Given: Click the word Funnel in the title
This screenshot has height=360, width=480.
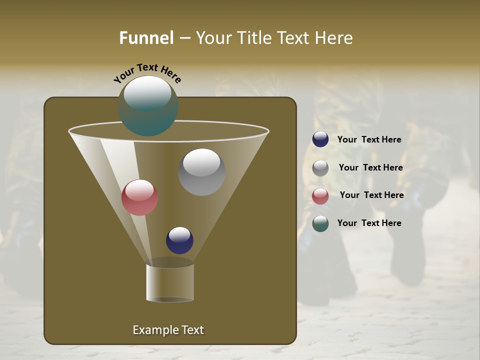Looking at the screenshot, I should click(x=146, y=38).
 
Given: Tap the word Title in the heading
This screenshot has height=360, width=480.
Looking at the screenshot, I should click(x=254, y=38).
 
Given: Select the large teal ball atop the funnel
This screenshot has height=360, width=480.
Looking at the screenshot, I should click(x=148, y=106).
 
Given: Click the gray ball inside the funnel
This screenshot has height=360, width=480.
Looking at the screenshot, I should click(x=201, y=172).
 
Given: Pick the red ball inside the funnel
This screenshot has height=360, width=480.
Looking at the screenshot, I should click(x=139, y=197).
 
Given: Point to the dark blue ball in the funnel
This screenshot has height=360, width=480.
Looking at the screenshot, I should click(x=179, y=240).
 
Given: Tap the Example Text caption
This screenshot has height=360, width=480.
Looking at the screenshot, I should click(x=168, y=330).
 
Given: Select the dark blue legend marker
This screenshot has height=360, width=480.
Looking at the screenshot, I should click(x=320, y=139).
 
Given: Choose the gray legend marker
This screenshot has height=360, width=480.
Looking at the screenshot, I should click(x=320, y=168).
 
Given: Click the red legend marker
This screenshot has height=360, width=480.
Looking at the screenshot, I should click(x=320, y=196).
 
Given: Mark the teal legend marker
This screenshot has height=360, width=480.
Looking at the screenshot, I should click(x=320, y=223).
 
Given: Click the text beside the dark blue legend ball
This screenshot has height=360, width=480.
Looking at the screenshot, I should click(x=369, y=140).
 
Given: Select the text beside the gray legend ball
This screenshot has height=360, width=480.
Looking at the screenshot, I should click(x=370, y=168).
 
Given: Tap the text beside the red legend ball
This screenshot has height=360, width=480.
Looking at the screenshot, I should click(x=371, y=195).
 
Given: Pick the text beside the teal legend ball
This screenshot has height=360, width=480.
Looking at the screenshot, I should click(x=369, y=223).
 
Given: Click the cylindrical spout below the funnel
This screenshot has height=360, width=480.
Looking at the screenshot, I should click(x=170, y=282).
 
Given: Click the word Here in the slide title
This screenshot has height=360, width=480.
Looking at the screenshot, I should click(x=333, y=38).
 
